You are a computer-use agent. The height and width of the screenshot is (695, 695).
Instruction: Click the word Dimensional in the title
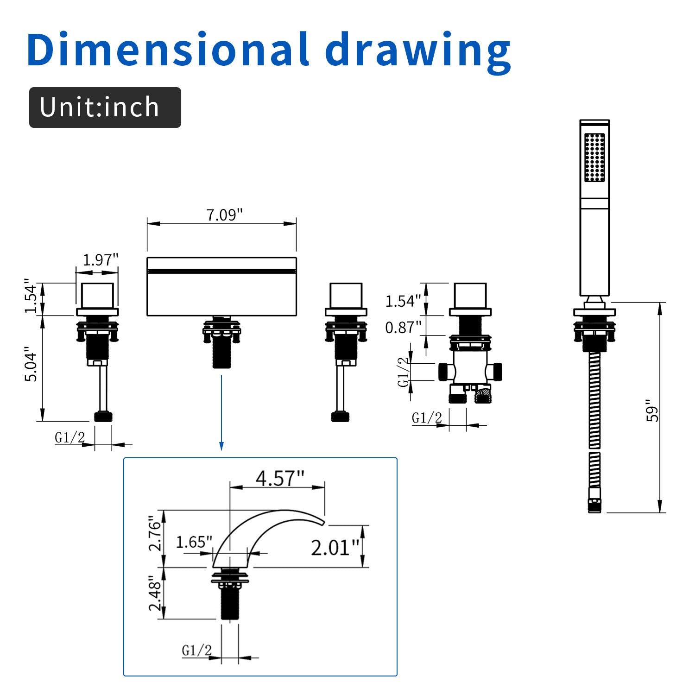(168, 49)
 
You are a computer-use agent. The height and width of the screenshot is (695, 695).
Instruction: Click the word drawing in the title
(418, 53)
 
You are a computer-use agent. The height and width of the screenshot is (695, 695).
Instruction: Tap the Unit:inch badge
(105, 107)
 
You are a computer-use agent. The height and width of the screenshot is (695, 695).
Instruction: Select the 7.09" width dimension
(224, 215)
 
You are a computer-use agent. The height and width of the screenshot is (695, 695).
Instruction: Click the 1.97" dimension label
(101, 260)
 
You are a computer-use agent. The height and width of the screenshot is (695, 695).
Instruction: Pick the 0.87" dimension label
(403, 328)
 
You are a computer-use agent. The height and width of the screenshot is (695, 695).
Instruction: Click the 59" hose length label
(652, 410)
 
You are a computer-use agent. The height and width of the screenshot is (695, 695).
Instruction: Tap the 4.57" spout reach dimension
(280, 478)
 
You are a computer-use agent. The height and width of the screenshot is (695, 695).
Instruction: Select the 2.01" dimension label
(335, 548)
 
